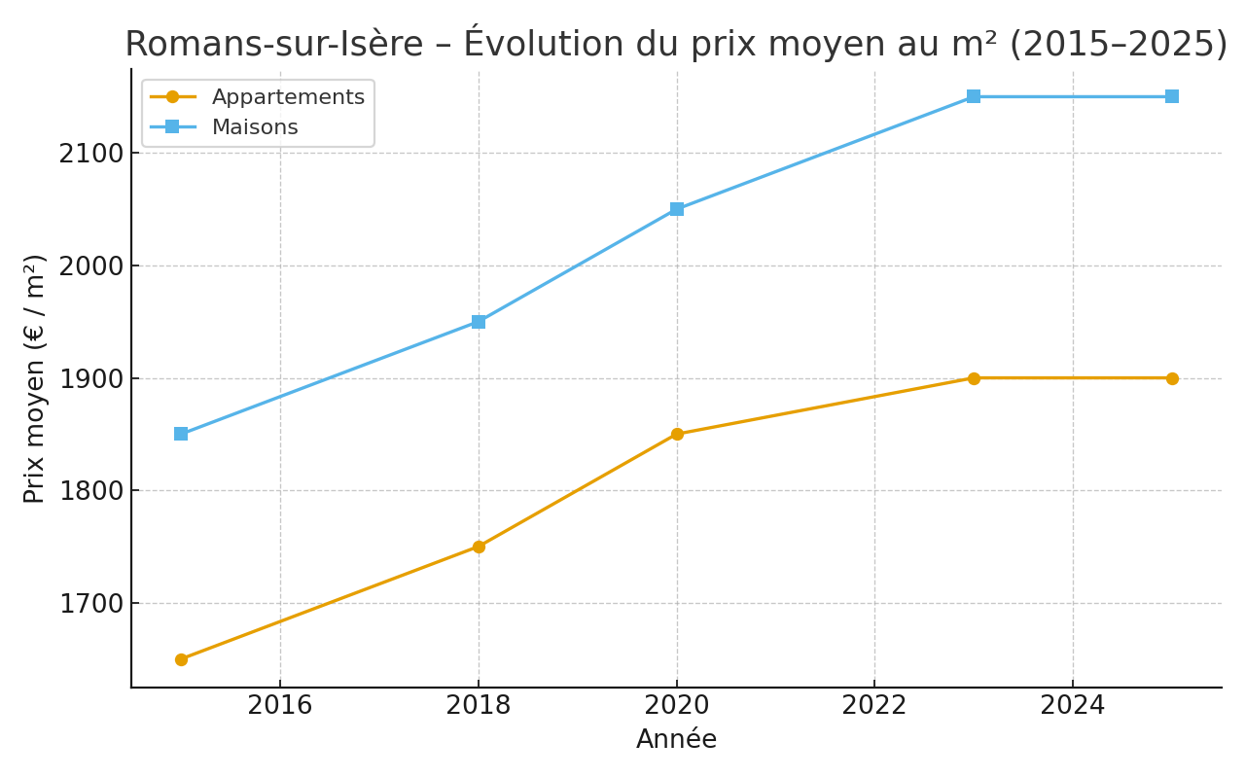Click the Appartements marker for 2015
181,659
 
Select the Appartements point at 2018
479,547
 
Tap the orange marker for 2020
677,434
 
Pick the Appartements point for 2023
974,378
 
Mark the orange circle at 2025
1172,378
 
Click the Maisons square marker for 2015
181,434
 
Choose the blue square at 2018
479,322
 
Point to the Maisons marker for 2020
677,209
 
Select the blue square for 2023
974,96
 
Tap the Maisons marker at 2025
1172,96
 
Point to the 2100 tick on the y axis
91,154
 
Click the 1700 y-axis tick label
91,604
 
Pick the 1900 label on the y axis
91,379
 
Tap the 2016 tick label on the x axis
280,705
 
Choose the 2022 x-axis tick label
874,705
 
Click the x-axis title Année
676,740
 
